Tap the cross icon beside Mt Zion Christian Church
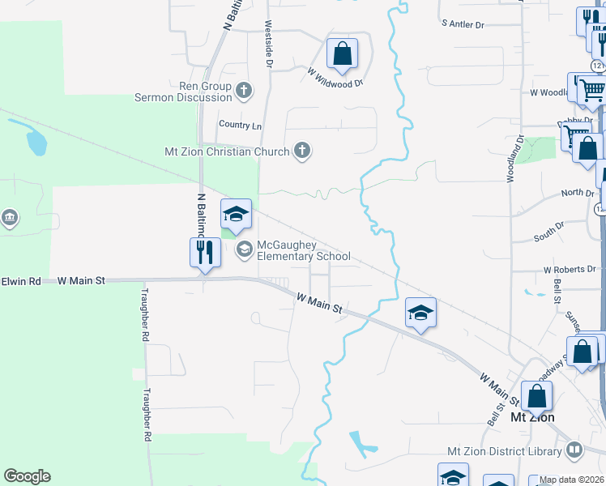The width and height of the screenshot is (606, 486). click(302, 151)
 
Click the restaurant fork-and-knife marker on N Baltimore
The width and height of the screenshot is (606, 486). click(205, 252)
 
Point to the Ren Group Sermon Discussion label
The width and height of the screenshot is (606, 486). click(183, 92)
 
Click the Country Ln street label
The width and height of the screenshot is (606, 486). click(240, 126)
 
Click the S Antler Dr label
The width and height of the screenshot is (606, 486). click(463, 25)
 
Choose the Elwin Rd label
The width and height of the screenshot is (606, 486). click(20, 281)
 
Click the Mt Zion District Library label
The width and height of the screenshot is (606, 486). click(505, 451)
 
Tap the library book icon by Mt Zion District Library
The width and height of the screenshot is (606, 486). click(574, 450)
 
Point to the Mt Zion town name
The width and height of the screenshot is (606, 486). click(532, 418)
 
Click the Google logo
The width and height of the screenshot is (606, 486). click(27, 476)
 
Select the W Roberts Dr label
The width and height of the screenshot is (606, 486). click(570, 269)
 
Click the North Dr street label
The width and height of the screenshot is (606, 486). click(578, 194)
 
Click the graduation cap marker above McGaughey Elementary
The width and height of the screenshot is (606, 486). click(236, 215)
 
